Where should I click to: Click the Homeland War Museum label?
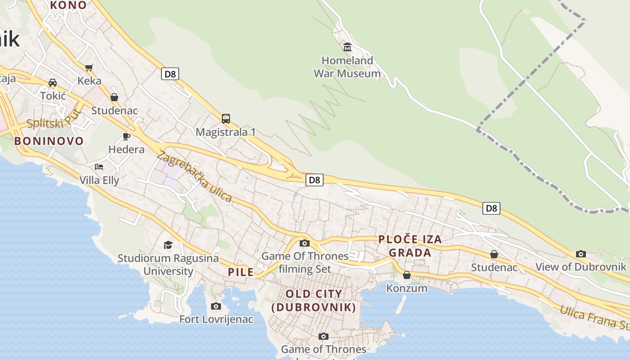point(347,67)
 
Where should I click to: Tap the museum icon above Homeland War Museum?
point(347,47)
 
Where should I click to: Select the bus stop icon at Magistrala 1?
point(226,119)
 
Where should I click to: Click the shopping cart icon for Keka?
point(89,67)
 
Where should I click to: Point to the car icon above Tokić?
point(53,83)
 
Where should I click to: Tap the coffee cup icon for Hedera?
point(126,136)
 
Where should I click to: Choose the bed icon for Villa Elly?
point(99,167)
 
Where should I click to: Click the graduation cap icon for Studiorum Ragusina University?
point(168,245)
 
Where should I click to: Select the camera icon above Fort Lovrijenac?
point(216,306)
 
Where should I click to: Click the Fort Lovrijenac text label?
point(216,319)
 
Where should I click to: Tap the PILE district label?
point(241,272)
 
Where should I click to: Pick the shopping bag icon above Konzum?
point(407,275)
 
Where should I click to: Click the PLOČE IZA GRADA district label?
point(410,246)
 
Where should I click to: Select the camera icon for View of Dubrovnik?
point(581,254)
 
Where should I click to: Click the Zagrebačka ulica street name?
point(194,176)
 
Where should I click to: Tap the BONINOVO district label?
point(49,141)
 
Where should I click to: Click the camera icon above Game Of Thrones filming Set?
point(305,243)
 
